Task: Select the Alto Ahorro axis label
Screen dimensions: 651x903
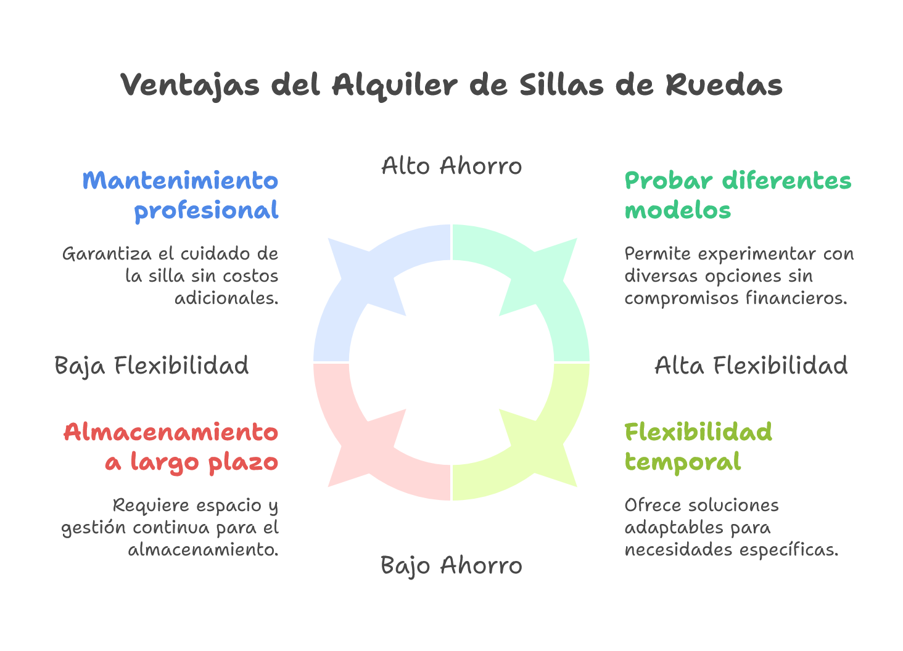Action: [x=451, y=166]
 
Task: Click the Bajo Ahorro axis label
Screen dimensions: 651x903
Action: [x=451, y=565]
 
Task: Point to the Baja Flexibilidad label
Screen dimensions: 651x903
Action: [x=152, y=366]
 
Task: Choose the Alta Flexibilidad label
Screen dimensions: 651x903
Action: [x=751, y=366]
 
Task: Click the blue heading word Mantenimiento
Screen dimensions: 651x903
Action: [x=180, y=181]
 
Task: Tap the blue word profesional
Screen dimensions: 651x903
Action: [x=207, y=211]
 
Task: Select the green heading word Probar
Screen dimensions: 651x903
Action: [x=669, y=181]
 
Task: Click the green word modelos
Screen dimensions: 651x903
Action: [x=677, y=211]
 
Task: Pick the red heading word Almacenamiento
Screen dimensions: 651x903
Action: [x=171, y=432]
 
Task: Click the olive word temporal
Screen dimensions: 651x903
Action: [x=682, y=462]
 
